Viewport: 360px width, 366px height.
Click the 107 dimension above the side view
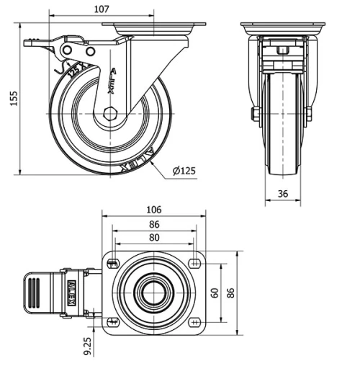click(x=102, y=9)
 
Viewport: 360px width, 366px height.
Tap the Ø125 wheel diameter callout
click(x=185, y=171)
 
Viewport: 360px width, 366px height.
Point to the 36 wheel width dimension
click(x=282, y=192)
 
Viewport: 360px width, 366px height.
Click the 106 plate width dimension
click(x=153, y=210)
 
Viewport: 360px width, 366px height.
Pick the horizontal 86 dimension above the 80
click(x=153, y=224)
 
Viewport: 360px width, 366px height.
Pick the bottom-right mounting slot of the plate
click(x=195, y=322)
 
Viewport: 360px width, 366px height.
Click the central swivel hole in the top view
click(x=153, y=293)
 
